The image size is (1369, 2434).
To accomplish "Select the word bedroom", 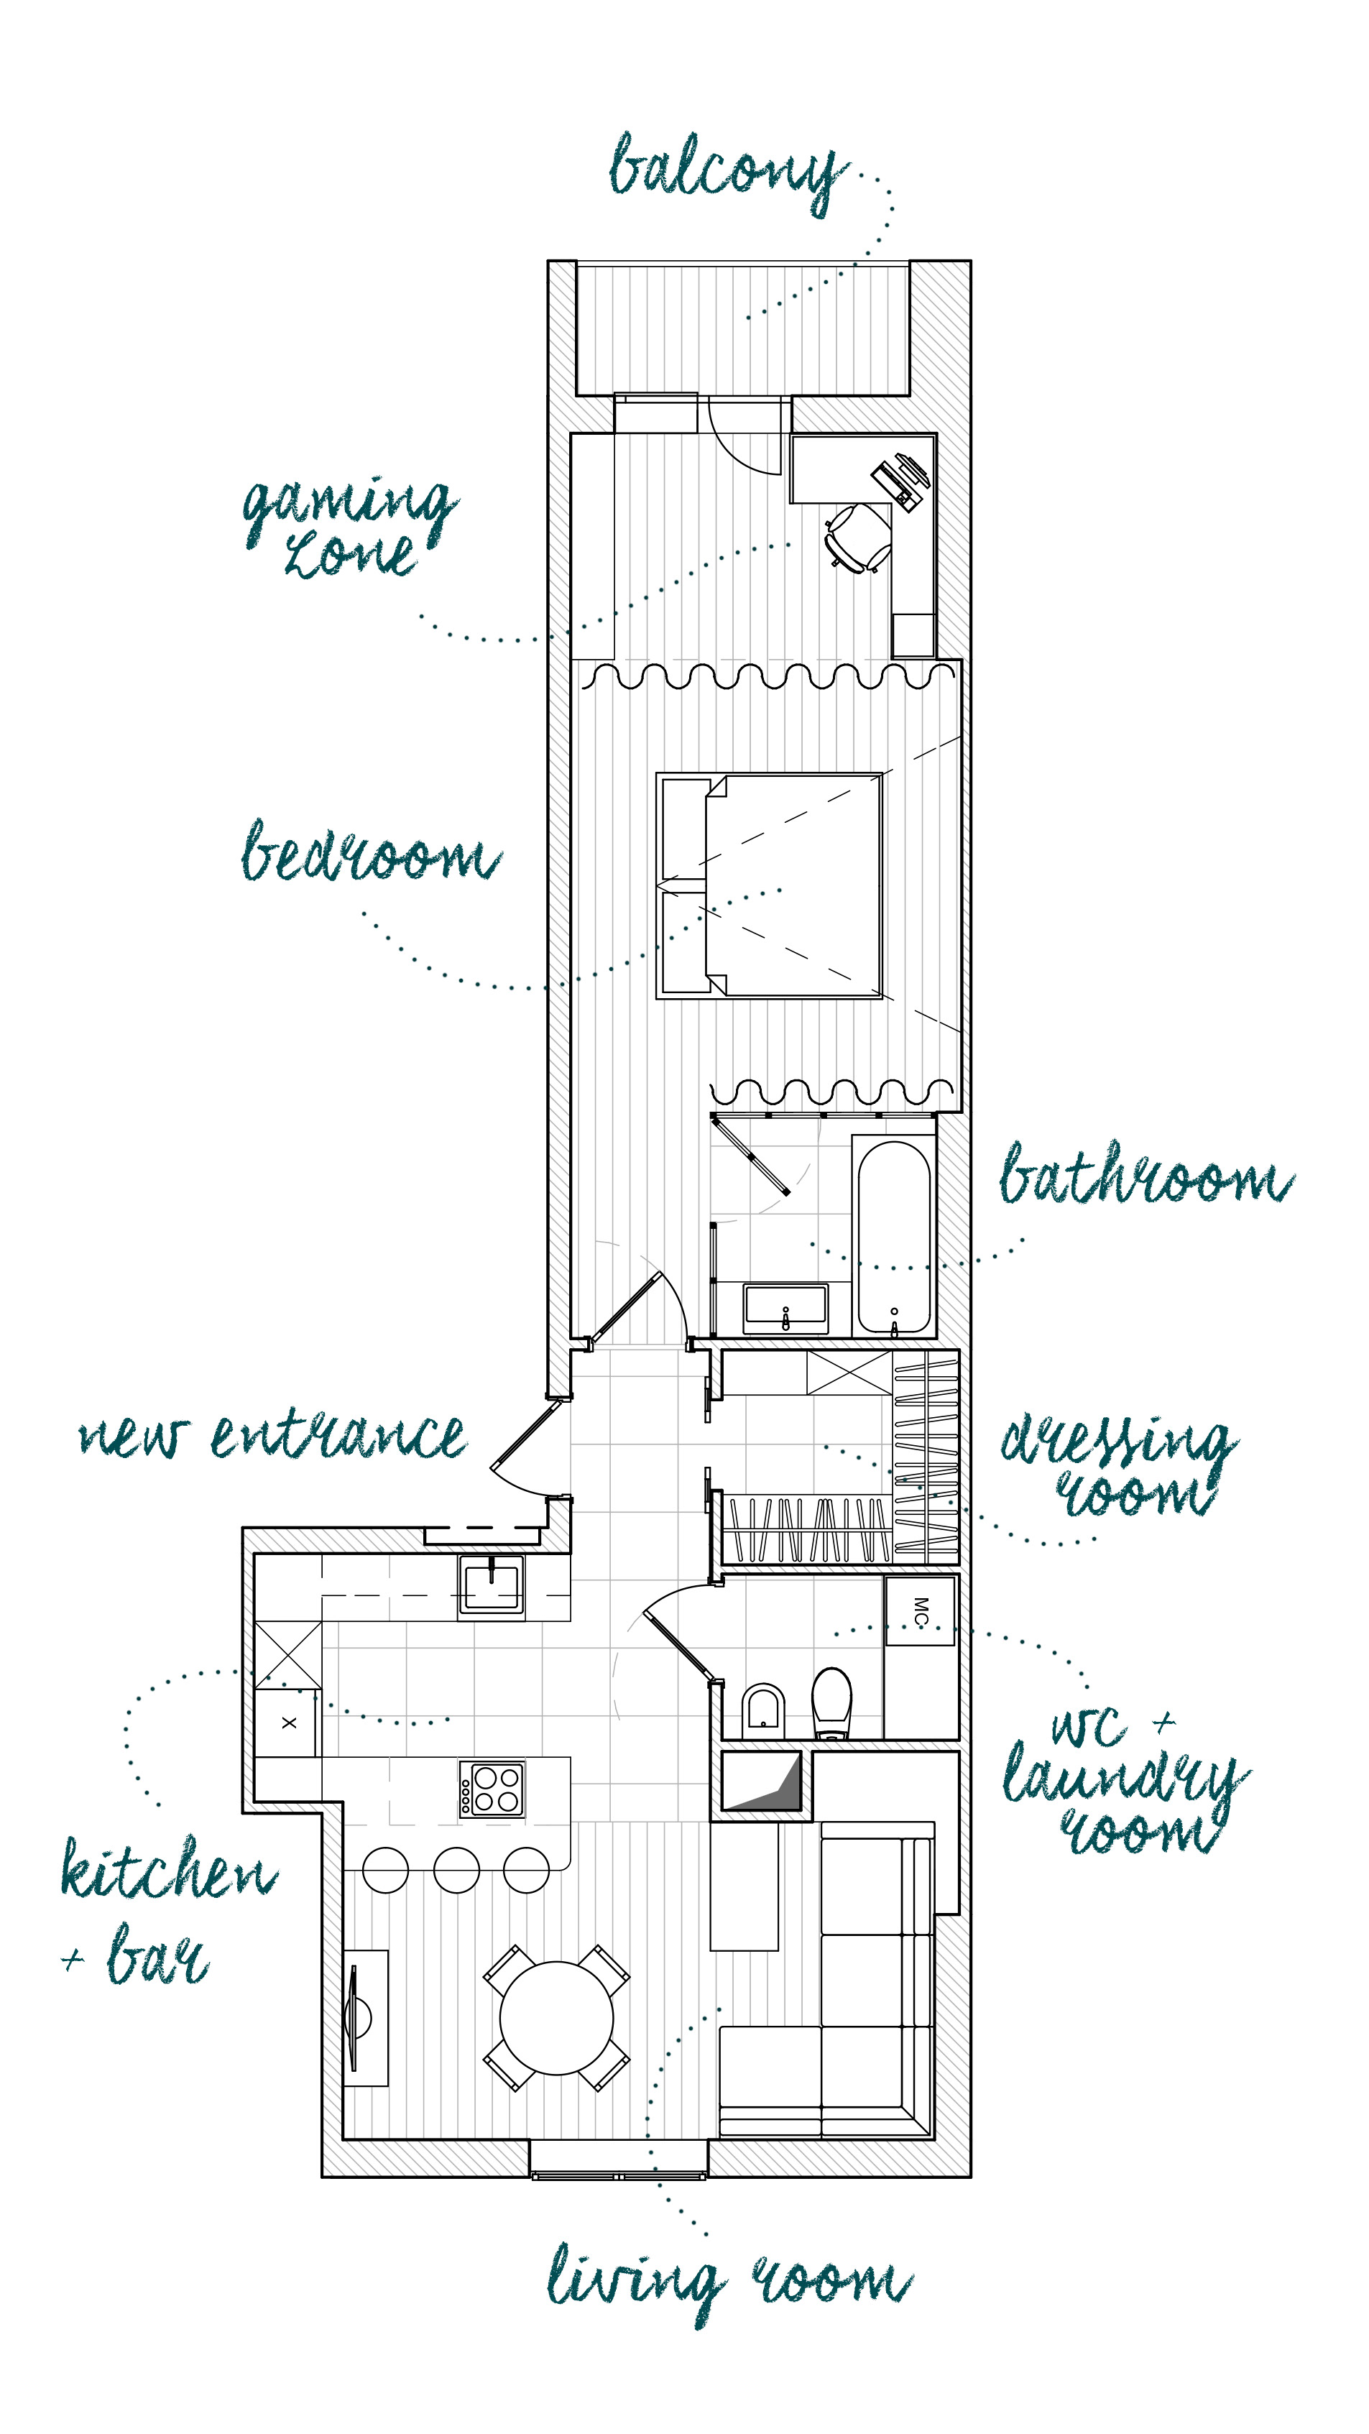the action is (369, 852).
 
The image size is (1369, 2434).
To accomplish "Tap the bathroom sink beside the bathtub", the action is (785, 1308).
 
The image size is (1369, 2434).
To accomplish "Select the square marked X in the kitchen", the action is (288, 1723).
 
